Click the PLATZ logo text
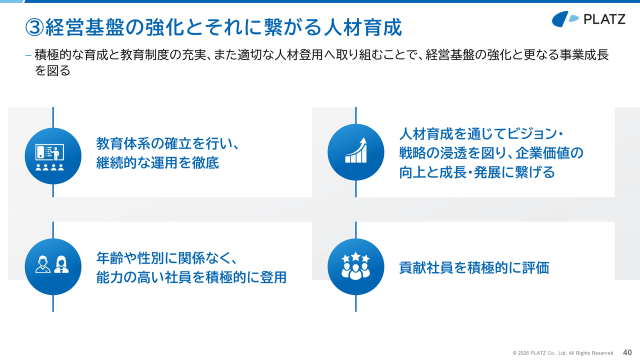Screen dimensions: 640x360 coord(604,19)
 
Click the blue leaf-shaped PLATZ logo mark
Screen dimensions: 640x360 coord(565,19)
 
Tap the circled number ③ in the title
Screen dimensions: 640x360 coord(34,27)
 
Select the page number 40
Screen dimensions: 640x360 coord(627,352)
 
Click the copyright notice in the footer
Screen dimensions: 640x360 coord(563,353)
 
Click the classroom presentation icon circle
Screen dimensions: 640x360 coord(53,156)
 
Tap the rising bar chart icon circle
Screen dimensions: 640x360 coord(355,152)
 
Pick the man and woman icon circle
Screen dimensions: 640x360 coord(53,266)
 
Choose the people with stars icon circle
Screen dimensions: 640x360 coord(355,266)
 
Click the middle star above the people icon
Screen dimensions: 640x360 coord(355,255)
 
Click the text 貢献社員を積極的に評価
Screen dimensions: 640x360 coord(474,267)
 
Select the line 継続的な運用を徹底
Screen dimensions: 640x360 coord(157,163)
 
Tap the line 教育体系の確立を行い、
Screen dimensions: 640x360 coord(167,143)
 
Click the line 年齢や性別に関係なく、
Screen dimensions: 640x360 coord(166,258)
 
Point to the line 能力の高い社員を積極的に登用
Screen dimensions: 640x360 coord(191,277)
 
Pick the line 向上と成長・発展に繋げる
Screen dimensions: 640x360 coord(477,172)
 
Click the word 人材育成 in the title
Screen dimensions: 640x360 coord(363,27)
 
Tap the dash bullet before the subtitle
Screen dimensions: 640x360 coord(28,55)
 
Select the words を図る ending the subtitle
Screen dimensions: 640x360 coord(52,70)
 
